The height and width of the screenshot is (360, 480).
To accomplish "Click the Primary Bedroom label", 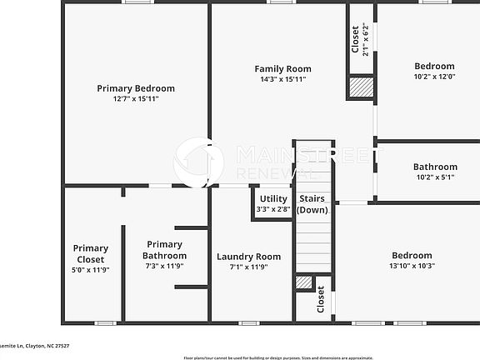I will (136, 88).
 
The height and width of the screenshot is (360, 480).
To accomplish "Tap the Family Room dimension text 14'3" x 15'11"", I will (282, 80).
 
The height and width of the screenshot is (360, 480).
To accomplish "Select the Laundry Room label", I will (248, 257).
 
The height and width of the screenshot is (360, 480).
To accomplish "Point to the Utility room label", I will (273, 199).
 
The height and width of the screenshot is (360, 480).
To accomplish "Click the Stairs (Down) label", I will (312, 204).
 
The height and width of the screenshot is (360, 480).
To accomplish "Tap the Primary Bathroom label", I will (164, 250).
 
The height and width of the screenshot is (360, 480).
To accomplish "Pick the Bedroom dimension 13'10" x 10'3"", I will (412, 266).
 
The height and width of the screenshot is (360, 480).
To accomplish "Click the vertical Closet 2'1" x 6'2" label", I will (359, 39).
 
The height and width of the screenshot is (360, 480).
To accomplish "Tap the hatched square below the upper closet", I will (361, 87).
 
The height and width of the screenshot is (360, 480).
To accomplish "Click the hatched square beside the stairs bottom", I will (304, 282).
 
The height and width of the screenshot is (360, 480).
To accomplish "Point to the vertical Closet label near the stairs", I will (321, 300).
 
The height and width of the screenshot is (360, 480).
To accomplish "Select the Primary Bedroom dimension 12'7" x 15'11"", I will (136, 98).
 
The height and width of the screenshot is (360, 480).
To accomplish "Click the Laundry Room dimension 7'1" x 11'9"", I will (248, 267).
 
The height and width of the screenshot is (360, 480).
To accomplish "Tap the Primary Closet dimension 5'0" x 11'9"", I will (90, 269).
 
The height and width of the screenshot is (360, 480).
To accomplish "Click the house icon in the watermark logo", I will (197, 162).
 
